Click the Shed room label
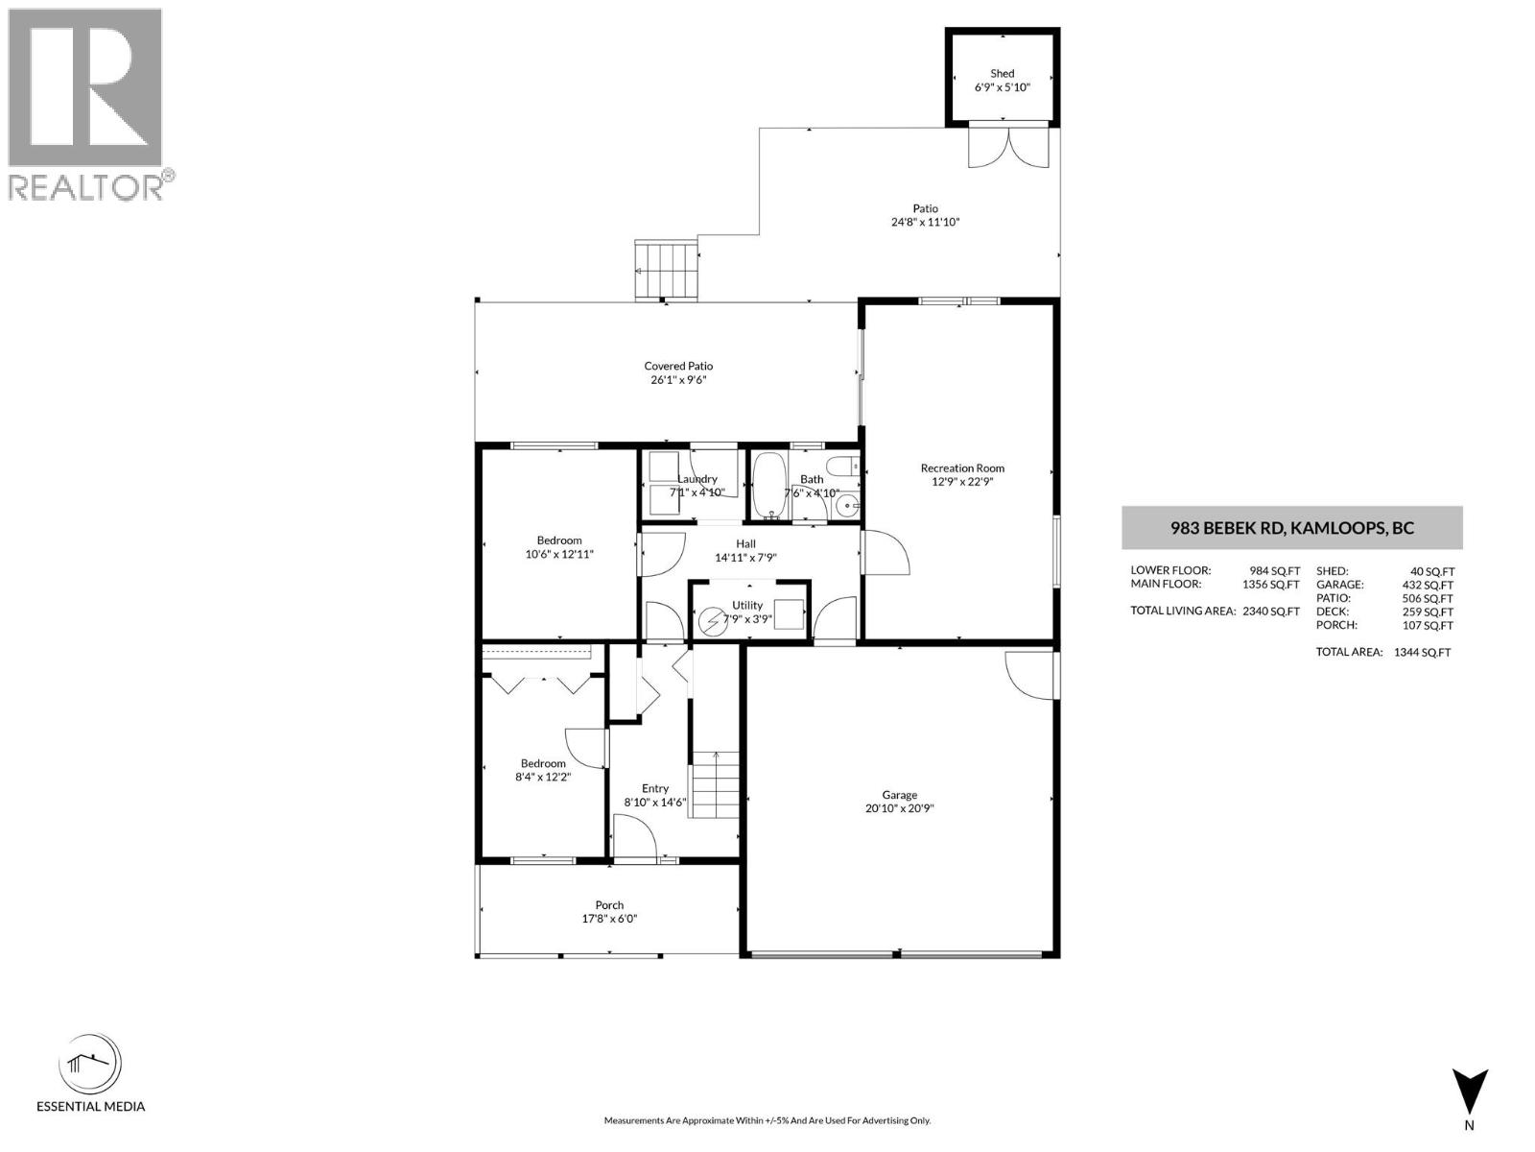coord(1002,74)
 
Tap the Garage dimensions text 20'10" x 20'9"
coord(899,809)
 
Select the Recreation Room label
coord(962,468)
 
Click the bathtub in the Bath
coord(767,486)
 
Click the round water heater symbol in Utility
coord(712,622)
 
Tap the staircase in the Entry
coord(715,783)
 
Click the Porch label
coord(609,905)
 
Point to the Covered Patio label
coord(678,366)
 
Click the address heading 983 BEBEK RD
coord(1291,528)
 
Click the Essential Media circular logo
coord(90,1066)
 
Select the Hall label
coord(745,544)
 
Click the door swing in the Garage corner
coord(1031,676)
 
